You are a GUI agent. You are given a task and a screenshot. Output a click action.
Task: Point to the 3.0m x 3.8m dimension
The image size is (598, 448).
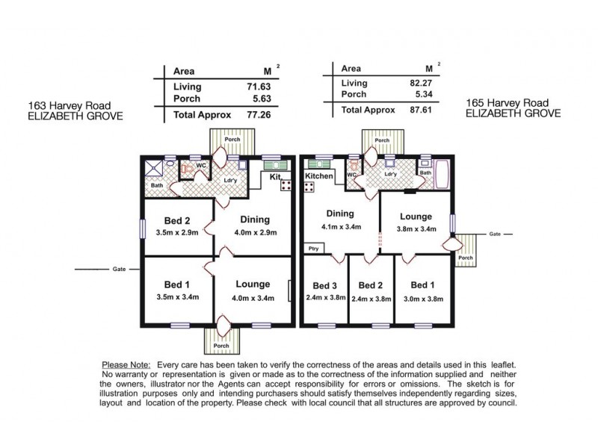[422, 298]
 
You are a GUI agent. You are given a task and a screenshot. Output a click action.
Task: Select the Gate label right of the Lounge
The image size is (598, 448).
[493, 233]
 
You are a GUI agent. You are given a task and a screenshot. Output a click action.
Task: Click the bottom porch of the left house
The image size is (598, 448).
[222, 340]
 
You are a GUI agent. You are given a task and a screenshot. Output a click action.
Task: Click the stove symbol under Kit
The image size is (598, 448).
[286, 186]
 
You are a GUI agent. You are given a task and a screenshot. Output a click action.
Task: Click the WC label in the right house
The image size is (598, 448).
[350, 175]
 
